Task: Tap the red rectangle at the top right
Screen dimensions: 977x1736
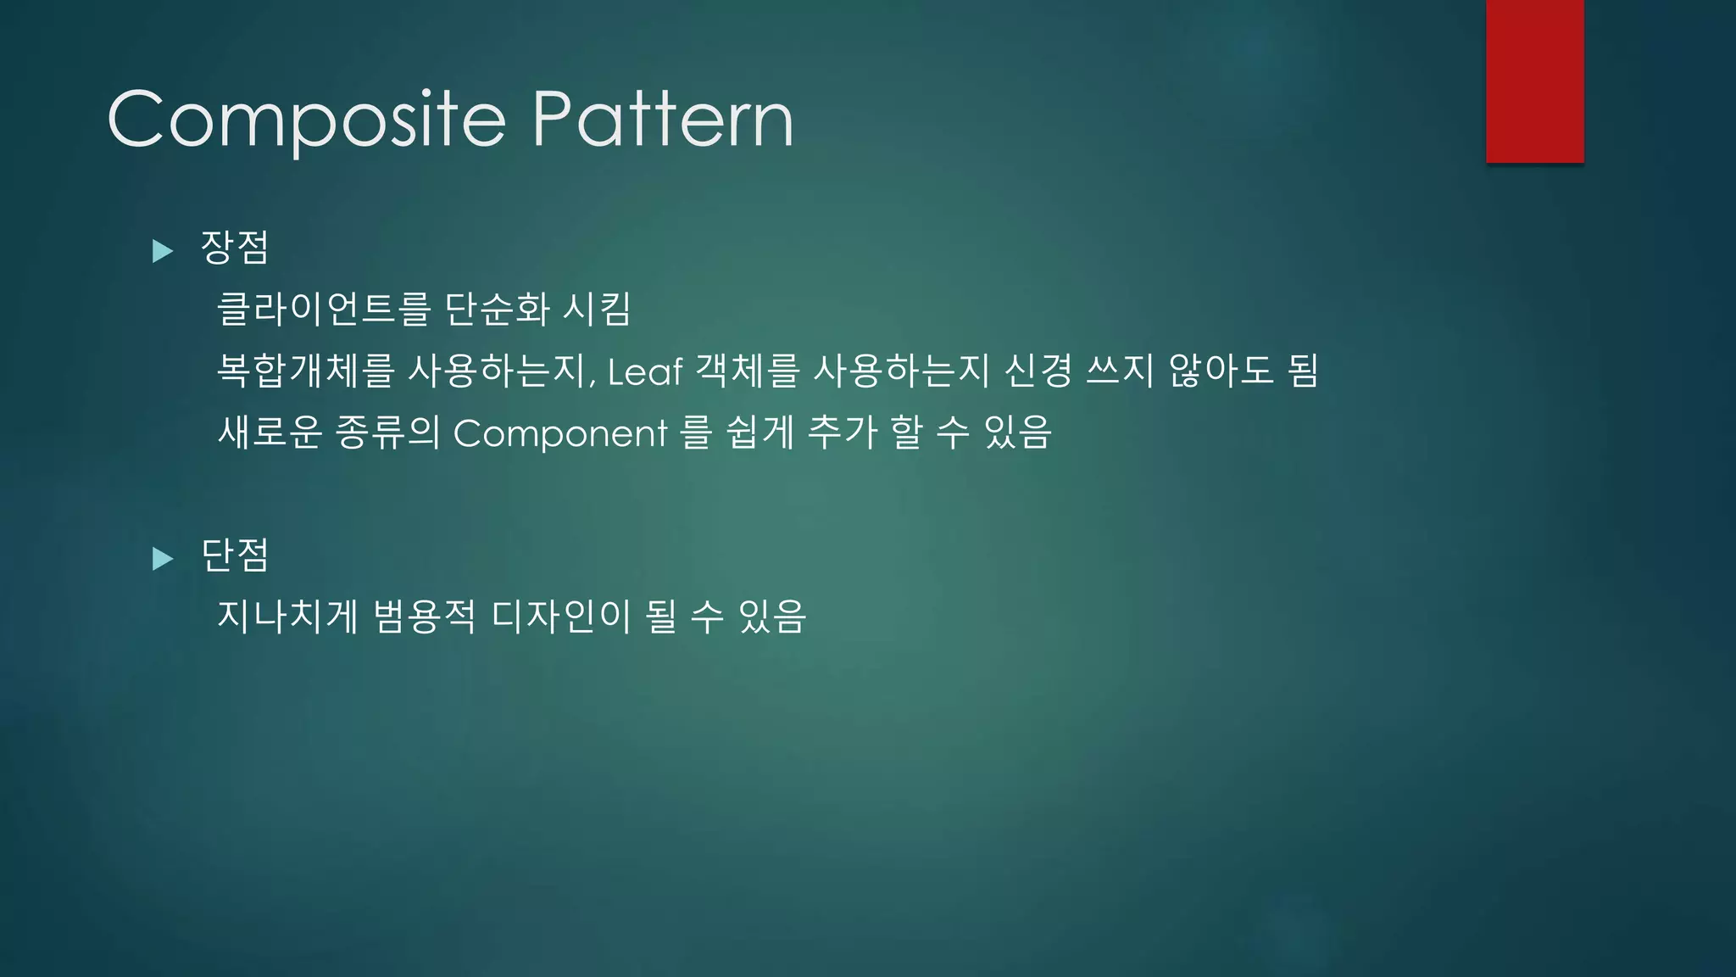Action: pyautogui.click(x=1534, y=81)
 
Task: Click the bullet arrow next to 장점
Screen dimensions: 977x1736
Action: pyautogui.click(x=163, y=251)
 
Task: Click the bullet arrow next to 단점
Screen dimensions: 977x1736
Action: pyautogui.click(x=163, y=558)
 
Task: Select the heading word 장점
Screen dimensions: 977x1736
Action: pyautogui.click(x=235, y=248)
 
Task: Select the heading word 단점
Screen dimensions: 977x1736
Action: pyautogui.click(x=235, y=555)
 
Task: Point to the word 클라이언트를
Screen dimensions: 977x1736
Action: pyautogui.click(x=324, y=309)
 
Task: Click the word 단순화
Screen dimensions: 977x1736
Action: pyautogui.click(x=498, y=309)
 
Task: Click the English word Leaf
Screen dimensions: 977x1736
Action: pyautogui.click(x=645, y=371)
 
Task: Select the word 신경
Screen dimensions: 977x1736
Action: pyautogui.click(x=1038, y=371)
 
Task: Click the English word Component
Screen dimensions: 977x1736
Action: pyautogui.click(x=560, y=433)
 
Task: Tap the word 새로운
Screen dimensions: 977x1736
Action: pyautogui.click(x=270, y=433)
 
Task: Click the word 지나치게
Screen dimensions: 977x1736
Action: pyautogui.click(x=288, y=617)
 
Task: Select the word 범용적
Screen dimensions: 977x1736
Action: pyautogui.click(x=424, y=617)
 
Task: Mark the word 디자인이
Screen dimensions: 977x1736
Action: pyautogui.click(x=561, y=617)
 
